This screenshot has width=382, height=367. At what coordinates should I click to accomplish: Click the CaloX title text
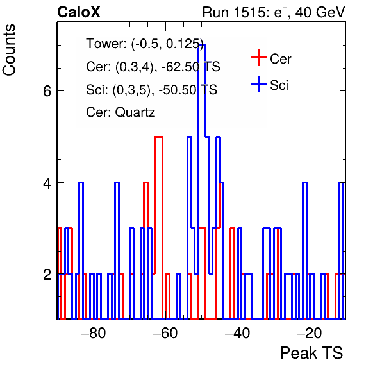click(78, 12)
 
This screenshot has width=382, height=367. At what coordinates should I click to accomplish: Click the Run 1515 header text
click(274, 12)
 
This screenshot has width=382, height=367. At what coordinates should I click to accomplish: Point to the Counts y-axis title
click(9, 50)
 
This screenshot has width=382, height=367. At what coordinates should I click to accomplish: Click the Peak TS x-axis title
click(311, 353)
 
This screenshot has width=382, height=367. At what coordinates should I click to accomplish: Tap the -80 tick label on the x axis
click(94, 333)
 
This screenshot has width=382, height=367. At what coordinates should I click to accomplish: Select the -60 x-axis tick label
click(165, 333)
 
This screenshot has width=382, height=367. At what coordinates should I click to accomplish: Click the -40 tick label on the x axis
click(237, 333)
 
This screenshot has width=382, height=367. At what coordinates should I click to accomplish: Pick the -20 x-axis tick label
click(310, 333)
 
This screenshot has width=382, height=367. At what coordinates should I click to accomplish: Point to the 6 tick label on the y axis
click(47, 91)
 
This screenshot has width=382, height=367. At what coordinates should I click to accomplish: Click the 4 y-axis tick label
click(47, 183)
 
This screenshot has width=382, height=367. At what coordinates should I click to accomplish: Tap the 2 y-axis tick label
click(47, 275)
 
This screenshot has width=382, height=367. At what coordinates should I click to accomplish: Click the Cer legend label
click(281, 59)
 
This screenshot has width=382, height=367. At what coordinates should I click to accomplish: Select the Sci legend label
click(279, 85)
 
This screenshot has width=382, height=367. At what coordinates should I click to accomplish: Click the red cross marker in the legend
click(259, 58)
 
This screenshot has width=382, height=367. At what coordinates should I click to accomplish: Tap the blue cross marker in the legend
click(259, 84)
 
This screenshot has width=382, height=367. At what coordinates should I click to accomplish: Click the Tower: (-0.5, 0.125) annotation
click(145, 44)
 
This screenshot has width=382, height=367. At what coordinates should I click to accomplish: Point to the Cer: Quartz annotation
click(120, 112)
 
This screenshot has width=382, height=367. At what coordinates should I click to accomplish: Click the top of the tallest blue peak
click(202, 46)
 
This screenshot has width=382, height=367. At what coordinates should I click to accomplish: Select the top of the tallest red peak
click(158, 137)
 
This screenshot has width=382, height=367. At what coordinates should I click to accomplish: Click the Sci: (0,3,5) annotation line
click(151, 89)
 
